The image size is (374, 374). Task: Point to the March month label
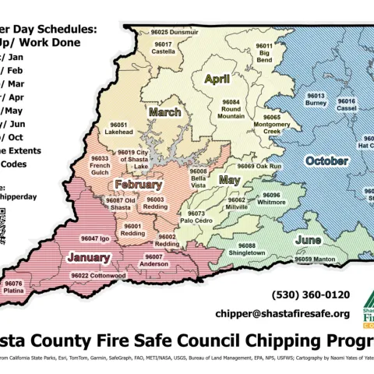[164, 112]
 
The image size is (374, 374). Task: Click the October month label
[322, 161]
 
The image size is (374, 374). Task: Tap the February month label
[139, 185]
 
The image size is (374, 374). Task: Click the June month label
[309, 240]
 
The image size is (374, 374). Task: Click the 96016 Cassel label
[347, 105]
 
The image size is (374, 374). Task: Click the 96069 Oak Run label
[259, 167]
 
